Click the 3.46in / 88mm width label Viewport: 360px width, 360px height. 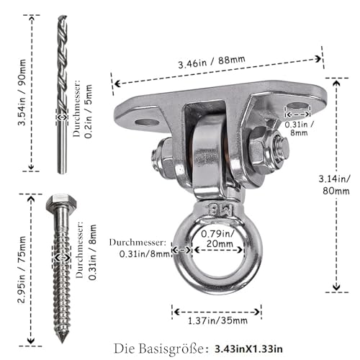pos(212,62)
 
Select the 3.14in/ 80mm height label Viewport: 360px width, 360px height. pos(334,185)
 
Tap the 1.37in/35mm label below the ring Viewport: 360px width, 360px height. pos(217,320)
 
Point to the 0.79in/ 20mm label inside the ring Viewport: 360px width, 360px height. pos(218,238)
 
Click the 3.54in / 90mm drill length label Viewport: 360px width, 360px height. pos(22,92)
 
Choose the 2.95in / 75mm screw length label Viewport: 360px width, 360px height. pos(22,269)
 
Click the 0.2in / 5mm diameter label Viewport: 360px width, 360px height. pos(89,111)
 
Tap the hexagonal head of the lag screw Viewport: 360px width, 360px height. pos(61,202)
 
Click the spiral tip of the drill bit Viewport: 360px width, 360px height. pos(63,17)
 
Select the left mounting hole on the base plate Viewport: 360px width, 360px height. pos(147,122)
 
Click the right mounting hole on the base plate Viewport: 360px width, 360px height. pos(297,106)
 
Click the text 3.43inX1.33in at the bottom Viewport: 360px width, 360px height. pos(248,349)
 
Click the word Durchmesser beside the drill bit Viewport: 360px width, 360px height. pos(77,109)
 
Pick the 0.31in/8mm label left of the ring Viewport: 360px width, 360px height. pos(145,254)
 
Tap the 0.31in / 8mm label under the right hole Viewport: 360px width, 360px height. pos(299,128)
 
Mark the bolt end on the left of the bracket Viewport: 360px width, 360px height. pos(156,157)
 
